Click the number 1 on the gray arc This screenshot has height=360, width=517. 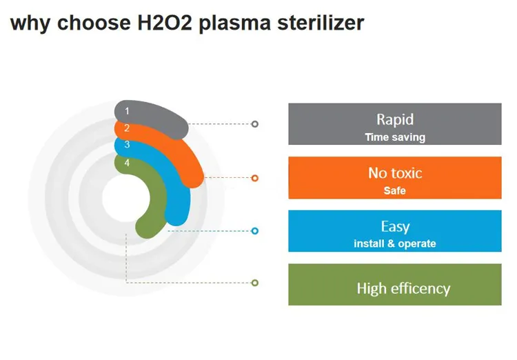click(127, 110)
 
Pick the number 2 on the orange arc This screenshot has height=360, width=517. click(127, 128)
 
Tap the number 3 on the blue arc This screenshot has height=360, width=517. click(127, 145)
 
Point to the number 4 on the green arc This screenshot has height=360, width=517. click(127, 163)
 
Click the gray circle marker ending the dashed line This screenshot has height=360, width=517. click(255, 124)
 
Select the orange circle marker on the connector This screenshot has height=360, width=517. click(255, 178)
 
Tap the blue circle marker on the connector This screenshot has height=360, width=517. click(255, 231)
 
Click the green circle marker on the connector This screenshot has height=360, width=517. click(255, 283)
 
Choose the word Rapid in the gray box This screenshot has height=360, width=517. click(395, 119)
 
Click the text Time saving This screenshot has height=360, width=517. click(395, 137)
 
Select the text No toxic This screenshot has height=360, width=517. click(395, 173)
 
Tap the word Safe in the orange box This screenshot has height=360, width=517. click(395, 190)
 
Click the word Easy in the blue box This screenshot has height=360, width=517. click(395, 226)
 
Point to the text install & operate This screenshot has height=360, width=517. click(395, 243)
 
